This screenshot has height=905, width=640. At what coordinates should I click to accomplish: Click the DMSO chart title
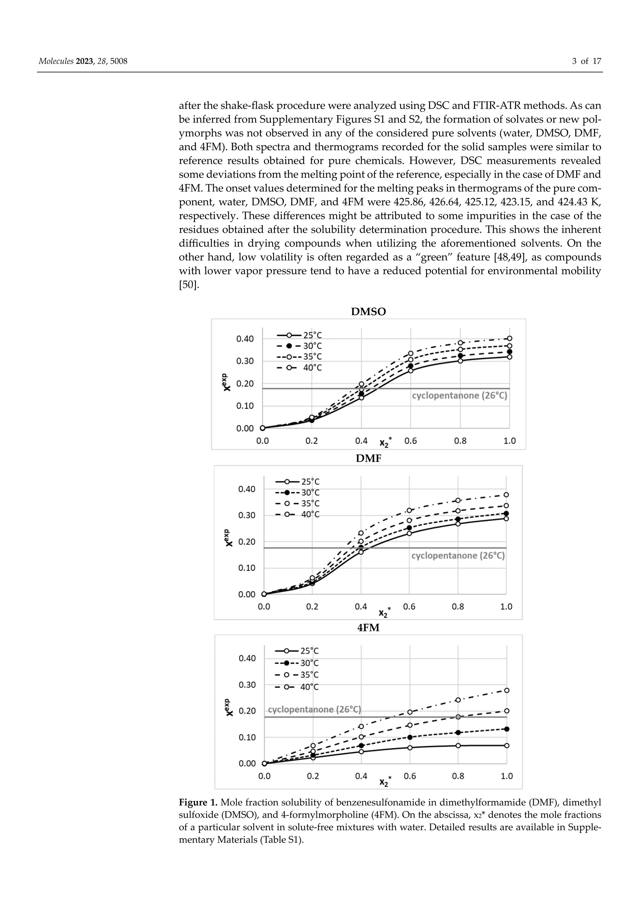[x=368, y=312]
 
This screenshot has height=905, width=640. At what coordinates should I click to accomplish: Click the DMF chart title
[x=368, y=458]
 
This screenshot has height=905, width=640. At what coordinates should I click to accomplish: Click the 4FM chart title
[x=368, y=628]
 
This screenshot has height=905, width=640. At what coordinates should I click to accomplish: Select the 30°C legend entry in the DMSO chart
[x=299, y=346]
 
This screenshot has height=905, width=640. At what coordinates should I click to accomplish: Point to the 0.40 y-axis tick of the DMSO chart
[x=245, y=339]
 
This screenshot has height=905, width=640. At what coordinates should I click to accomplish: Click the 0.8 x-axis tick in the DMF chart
[x=458, y=607]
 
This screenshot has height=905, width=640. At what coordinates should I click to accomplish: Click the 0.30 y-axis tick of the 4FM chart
[x=247, y=685]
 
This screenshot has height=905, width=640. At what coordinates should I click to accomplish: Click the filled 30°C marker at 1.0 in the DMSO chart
[x=509, y=351]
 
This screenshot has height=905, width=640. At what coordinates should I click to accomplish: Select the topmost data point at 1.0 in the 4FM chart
[x=507, y=690]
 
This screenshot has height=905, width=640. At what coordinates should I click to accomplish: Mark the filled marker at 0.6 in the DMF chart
[x=409, y=528]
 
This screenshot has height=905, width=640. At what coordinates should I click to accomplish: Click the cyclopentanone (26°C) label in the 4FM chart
[x=314, y=709]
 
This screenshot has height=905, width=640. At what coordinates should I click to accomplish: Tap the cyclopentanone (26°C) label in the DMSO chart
[x=459, y=395]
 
